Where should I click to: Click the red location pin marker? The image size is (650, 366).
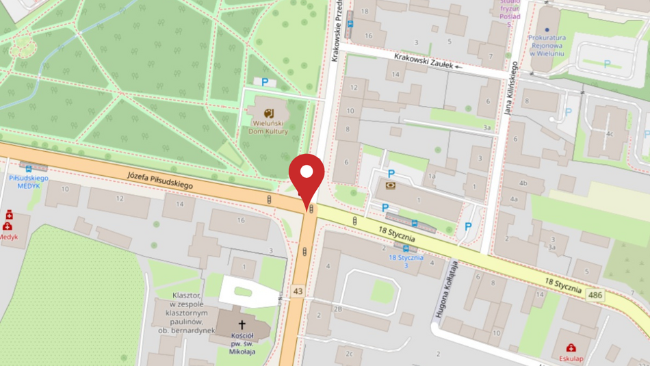(307, 177)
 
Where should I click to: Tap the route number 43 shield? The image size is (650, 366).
(297, 291)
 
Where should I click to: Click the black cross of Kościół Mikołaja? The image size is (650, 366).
(242, 324)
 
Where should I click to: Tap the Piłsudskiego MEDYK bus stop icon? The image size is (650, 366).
(28, 168)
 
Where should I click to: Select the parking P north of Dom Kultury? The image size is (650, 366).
(264, 82)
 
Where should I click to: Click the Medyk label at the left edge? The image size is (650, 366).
(8, 237)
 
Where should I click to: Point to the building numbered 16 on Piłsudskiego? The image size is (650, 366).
(241, 220)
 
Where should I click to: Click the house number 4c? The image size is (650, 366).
(609, 133)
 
